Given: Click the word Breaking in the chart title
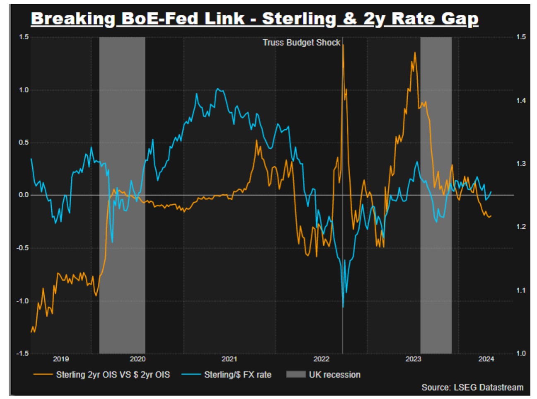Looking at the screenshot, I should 73,19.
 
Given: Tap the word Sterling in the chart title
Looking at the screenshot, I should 299,19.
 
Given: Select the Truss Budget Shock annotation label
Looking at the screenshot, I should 301,43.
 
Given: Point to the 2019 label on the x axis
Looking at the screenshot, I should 61,359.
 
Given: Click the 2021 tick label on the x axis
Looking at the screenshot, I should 229,359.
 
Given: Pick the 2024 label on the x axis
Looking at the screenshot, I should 486,359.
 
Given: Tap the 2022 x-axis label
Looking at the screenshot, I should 321,359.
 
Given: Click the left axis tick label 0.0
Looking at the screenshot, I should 24,195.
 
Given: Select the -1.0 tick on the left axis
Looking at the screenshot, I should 23,301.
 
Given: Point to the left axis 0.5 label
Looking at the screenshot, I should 24,143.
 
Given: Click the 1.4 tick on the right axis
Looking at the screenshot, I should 521,101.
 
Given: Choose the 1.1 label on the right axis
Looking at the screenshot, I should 521,290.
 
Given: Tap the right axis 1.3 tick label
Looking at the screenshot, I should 521,164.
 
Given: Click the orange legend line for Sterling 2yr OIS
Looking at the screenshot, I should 43,375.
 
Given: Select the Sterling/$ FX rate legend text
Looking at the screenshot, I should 238,375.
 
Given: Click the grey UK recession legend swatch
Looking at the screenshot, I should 296,375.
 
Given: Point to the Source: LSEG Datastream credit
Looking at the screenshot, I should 472,387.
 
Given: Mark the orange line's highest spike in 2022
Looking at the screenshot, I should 343,46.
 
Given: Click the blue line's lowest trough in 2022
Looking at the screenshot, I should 343,307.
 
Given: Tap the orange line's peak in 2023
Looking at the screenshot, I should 415,53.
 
